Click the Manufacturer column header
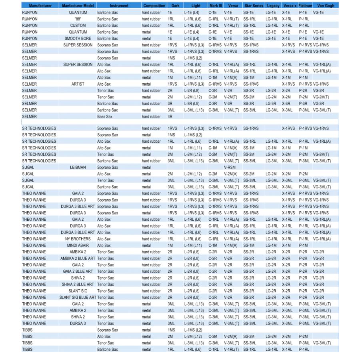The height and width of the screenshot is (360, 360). click(40, 6)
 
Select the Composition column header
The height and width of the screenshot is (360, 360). click(154, 6)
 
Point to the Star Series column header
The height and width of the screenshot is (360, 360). click(254, 6)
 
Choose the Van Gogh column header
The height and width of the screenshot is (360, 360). click(326, 6)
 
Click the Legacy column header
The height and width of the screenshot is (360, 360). click(274, 6)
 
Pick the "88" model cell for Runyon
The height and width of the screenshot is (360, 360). click(78, 19)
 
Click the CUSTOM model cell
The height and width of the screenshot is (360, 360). click(78, 26)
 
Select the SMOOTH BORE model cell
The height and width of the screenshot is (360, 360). click(78, 39)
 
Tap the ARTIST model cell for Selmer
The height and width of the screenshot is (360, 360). click(78, 84)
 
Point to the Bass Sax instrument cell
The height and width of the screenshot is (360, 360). click(104, 117)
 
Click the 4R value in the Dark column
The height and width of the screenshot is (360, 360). click(170, 117)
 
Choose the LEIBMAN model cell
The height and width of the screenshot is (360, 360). click(78, 168)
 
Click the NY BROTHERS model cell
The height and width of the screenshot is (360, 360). click(78, 239)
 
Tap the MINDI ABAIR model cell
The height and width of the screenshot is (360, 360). click(78, 246)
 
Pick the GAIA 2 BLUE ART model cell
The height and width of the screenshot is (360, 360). click(78, 272)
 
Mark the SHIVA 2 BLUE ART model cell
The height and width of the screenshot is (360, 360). click(78, 284)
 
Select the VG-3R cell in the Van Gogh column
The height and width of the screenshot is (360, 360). click(319, 104)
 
